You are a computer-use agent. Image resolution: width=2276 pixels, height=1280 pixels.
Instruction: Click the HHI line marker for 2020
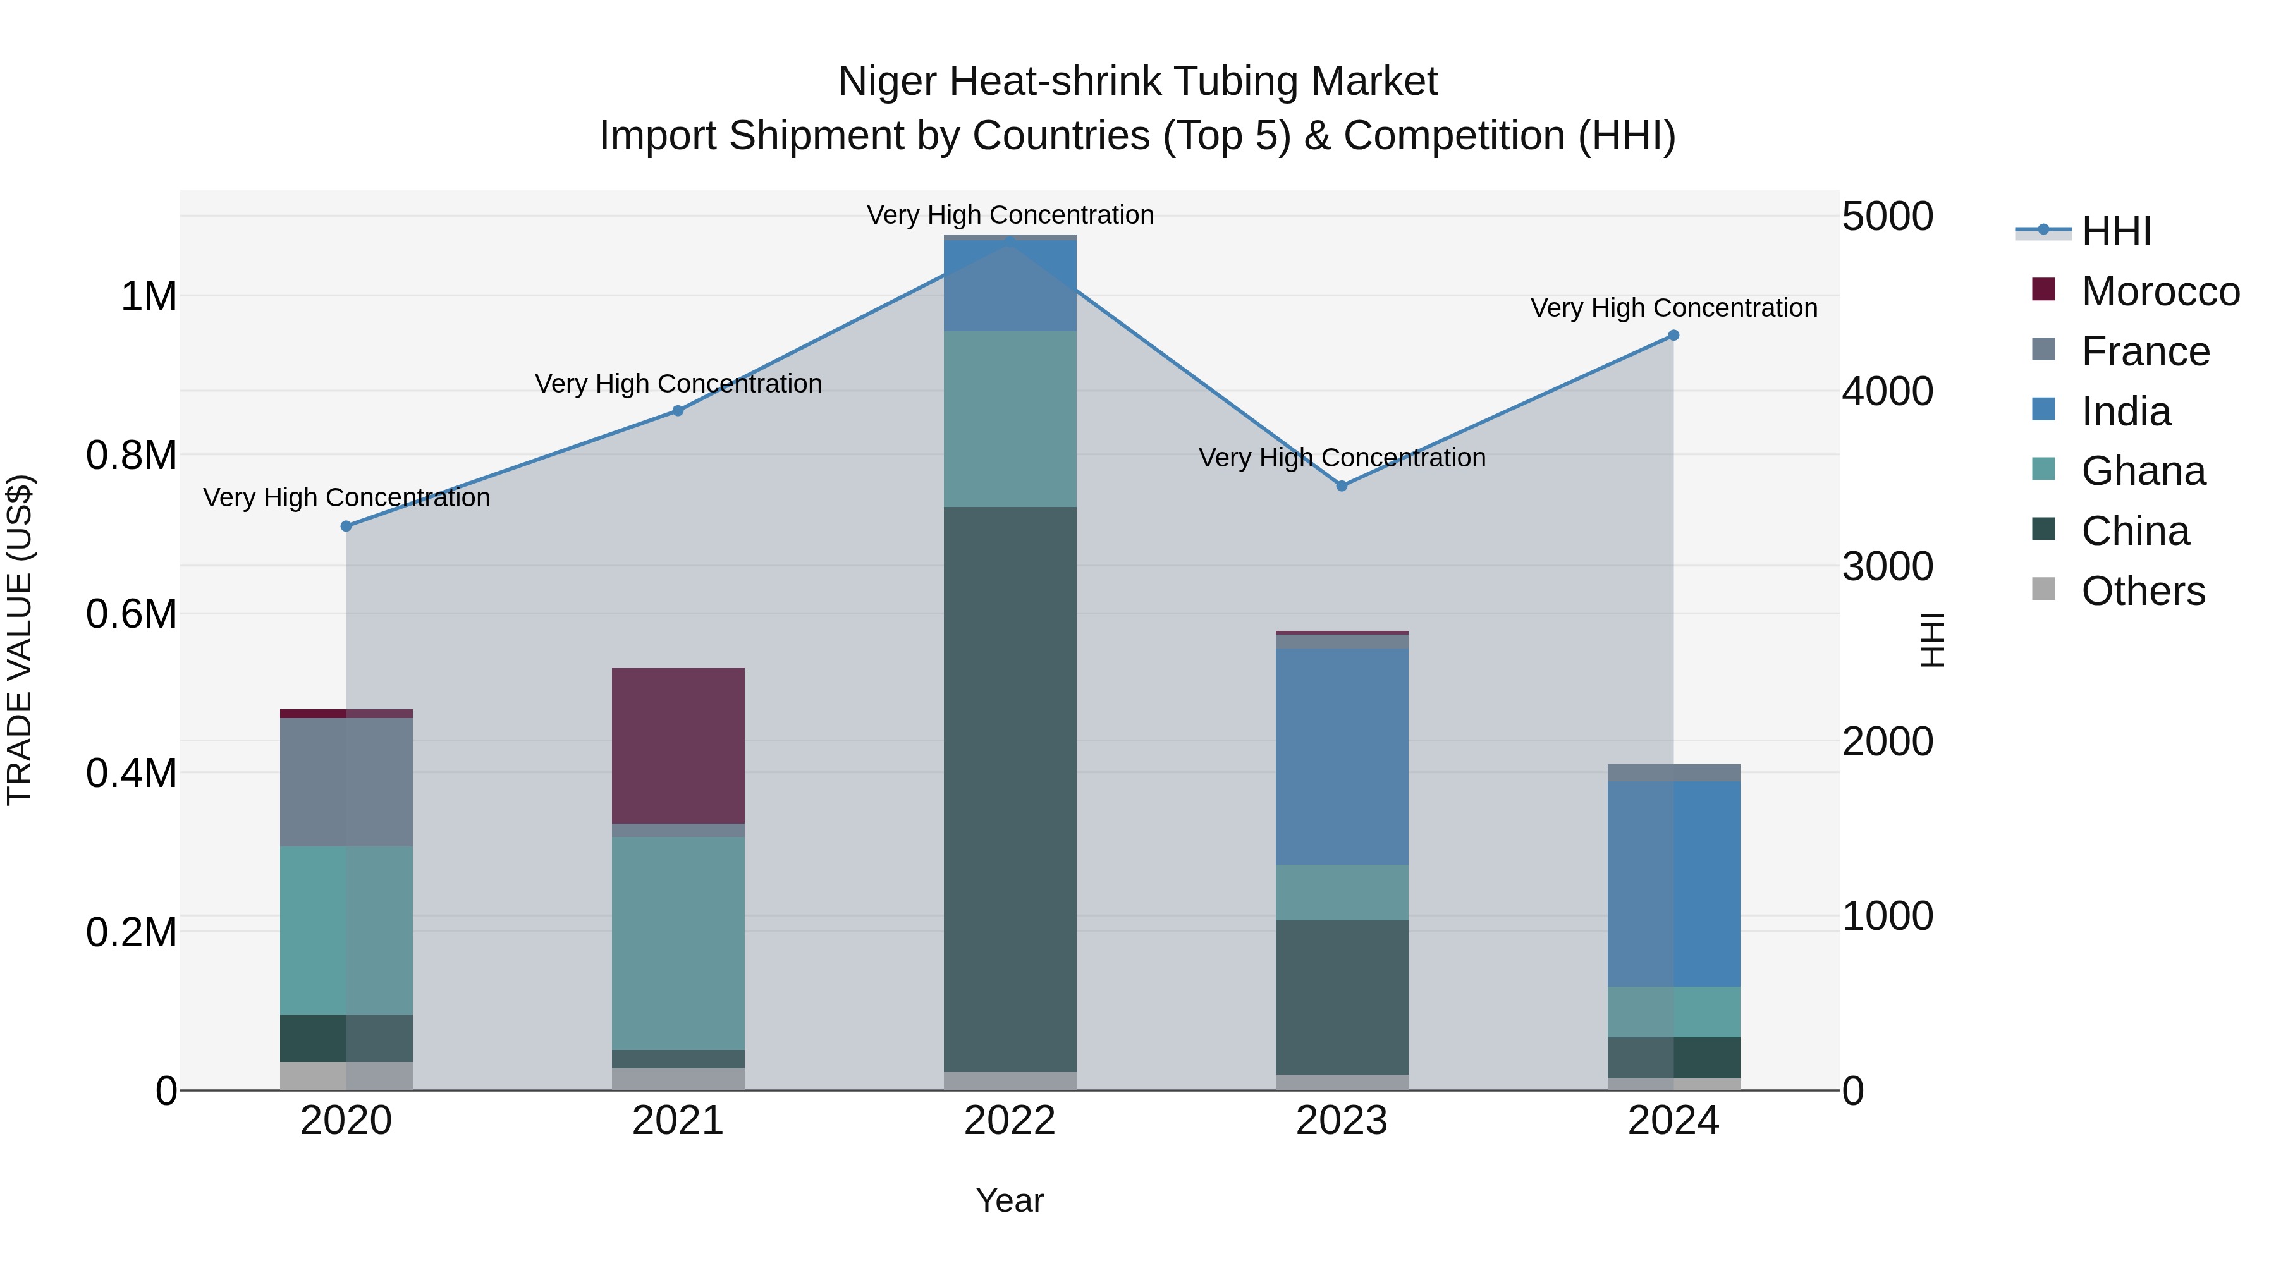(x=346, y=526)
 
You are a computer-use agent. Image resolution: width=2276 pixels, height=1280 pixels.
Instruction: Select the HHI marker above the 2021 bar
(x=678, y=411)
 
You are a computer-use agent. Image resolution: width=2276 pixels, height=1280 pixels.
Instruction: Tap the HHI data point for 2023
(x=1341, y=486)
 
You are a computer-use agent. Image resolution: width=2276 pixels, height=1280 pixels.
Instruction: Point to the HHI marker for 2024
(x=1672, y=336)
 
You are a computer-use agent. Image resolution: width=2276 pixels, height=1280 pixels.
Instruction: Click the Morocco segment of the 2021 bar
(x=678, y=746)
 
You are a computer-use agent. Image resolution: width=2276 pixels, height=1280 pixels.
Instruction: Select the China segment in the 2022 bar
(x=1010, y=788)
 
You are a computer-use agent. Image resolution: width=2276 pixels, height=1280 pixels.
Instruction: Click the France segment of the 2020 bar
(x=346, y=782)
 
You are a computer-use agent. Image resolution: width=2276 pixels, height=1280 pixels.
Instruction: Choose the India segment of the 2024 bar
(x=1672, y=884)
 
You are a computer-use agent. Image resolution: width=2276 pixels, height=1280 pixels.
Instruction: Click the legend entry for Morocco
(x=2160, y=291)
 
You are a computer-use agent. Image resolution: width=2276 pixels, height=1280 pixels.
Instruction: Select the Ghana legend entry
(x=2143, y=471)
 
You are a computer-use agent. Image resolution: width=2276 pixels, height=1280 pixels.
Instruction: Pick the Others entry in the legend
(x=2143, y=591)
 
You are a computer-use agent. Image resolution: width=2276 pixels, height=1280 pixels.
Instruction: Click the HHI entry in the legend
(x=2115, y=231)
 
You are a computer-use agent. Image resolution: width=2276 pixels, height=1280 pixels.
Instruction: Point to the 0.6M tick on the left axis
(x=132, y=614)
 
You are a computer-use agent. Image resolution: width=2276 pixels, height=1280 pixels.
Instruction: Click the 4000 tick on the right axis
(x=1887, y=391)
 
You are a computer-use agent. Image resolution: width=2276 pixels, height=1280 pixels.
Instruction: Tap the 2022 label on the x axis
(x=1010, y=1121)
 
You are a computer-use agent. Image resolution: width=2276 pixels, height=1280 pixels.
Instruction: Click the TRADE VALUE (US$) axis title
(x=20, y=640)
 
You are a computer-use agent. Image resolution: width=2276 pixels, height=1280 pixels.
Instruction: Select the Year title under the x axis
(x=1010, y=1200)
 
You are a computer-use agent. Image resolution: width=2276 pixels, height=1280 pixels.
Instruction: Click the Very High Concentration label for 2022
(x=1010, y=215)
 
